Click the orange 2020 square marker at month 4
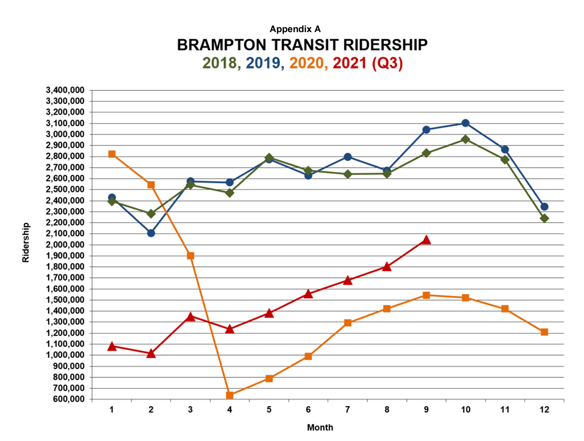coord(230,395)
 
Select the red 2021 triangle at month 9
coord(426,240)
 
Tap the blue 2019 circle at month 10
coord(465,123)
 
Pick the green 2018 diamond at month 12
coord(544,218)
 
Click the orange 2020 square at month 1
coord(112,154)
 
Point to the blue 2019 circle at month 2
coord(151,233)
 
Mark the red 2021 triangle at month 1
coord(112,346)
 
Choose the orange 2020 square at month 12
coord(544,332)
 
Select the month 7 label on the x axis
coord(348,409)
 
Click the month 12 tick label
coord(544,409)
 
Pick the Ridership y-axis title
coord(26,242)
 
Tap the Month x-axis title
coord(320,427)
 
